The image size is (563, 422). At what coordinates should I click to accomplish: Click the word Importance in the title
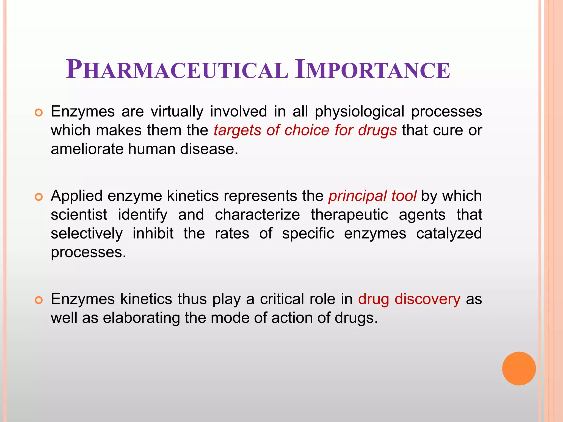point(372,70)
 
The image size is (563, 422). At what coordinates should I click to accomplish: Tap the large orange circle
point(519,368)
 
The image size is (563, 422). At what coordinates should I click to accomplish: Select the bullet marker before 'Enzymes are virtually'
point(39,113)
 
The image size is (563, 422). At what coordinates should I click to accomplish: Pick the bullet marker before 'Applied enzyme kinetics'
point(39,197)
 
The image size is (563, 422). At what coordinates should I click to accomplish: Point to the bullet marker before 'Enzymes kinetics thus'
point(39,300)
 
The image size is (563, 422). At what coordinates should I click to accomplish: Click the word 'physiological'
point(359,112)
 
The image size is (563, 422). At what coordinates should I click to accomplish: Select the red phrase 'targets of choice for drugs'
point(305,130)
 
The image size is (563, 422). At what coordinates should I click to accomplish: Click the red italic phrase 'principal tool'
point(372,196)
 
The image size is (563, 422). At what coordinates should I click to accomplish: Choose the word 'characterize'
point(257,215)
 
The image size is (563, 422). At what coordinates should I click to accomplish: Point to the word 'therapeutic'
point(349,215)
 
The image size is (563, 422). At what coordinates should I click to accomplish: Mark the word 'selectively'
point(87,234)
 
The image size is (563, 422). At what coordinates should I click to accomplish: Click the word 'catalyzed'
point(449,234)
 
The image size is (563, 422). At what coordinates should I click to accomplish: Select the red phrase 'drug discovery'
point(409,299)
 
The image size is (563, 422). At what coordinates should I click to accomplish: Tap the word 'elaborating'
point(141,318)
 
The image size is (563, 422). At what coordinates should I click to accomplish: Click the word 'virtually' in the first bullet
point(177,112)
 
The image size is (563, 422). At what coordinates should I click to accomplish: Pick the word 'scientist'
point(79,215)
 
